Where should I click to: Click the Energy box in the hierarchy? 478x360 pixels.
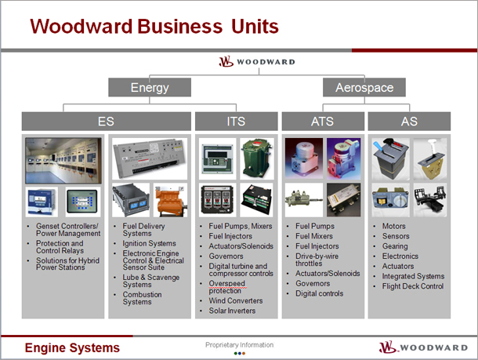[x=150, y=87]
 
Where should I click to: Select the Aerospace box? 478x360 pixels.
[x=364, y=87]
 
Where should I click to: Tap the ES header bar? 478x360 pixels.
[x=106, y=121]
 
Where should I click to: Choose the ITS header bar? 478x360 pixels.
[x=236, y=121]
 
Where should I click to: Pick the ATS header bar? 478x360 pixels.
[x=323, y=121]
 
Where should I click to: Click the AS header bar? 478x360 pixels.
[x=409, y=121]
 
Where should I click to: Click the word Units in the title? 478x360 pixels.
[x=255, y=26]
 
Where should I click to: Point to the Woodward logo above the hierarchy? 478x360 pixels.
[x=257, y=61]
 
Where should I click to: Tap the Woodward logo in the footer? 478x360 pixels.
[x=423, y=347]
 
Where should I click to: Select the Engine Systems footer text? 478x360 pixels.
[x=72, y=347]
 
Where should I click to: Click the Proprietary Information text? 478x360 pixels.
[x=239, y=345]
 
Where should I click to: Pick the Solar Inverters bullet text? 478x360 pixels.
[x=232, y=311]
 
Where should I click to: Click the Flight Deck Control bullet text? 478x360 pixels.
[x=413, y=286]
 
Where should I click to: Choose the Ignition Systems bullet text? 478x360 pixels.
[x=150, y=243]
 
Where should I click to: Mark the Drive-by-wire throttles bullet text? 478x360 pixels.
[x=317, y=260]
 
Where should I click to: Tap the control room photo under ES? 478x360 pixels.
[x=63, y=161]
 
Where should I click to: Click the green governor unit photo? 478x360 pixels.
[x=257, y=158]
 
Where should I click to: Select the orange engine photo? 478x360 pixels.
[x=170, y=200]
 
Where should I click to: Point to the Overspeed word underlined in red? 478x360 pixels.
[x=226, y=283]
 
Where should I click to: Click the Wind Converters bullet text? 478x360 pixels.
[x=236, y=300]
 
